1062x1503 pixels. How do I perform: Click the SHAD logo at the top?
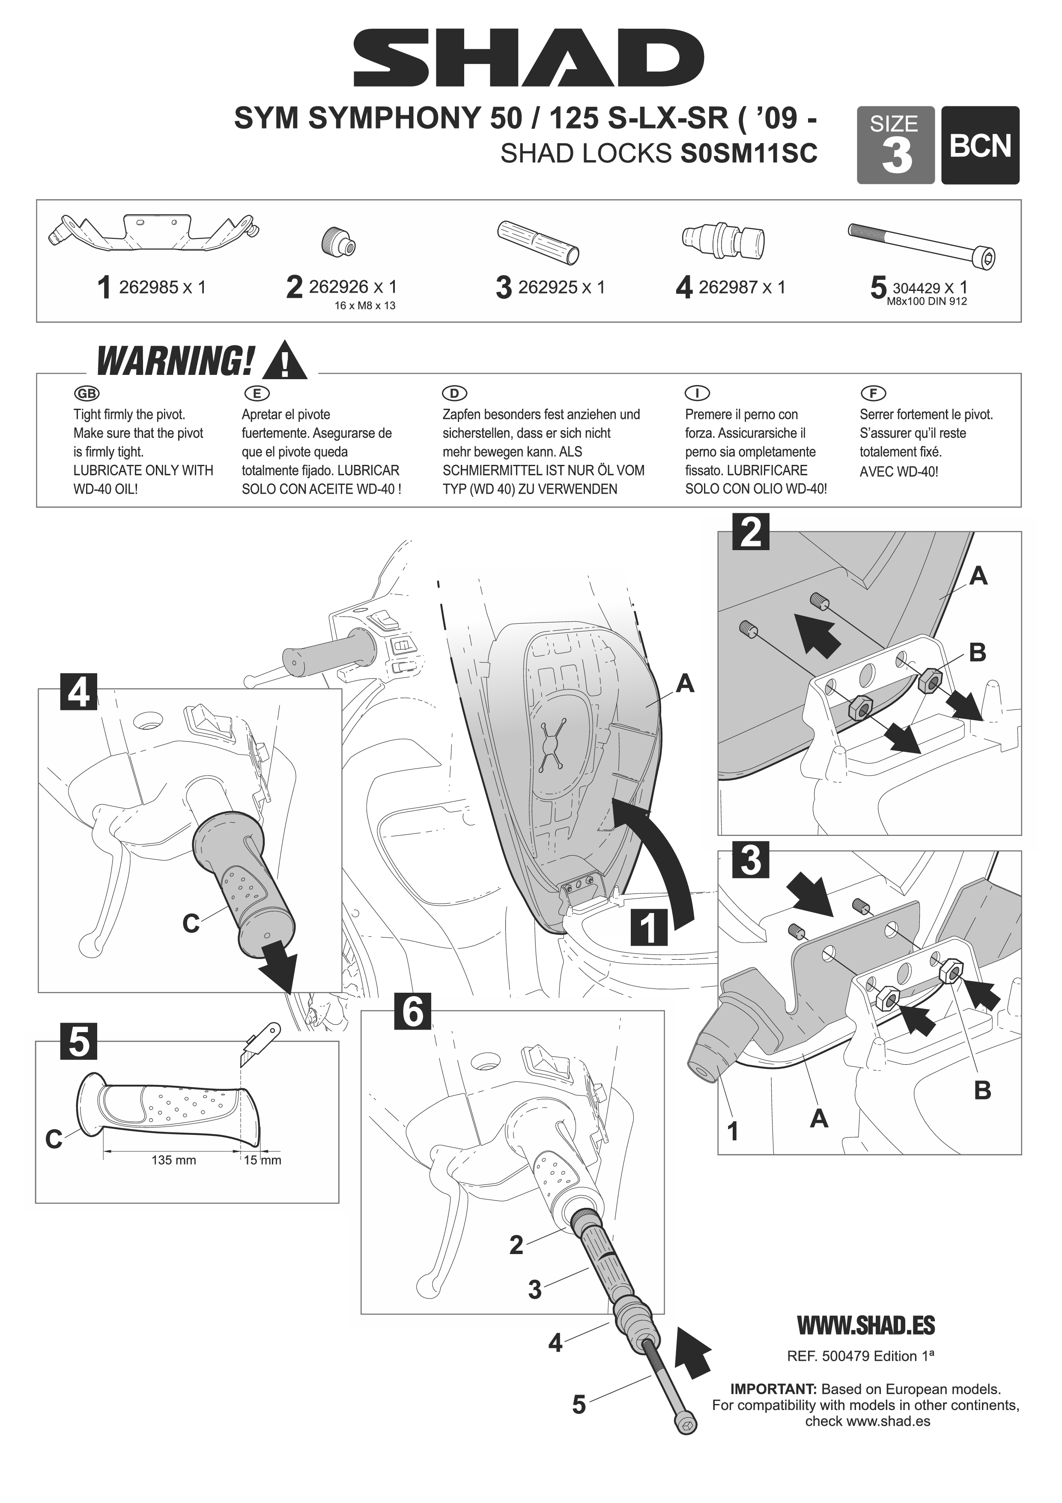pos(529,58)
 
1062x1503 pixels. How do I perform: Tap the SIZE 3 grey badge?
pos(895,145)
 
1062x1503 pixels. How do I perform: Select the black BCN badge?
pos(980,145)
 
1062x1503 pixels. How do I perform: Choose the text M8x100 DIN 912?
pos(927,302)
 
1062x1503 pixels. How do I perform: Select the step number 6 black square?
pos(412,1012)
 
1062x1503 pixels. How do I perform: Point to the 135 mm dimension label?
pos(173,1161)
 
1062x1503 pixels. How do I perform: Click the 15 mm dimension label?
pos(263,1161)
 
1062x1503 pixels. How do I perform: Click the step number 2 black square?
pos(751,532)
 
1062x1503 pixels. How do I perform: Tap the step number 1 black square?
pos(649,927)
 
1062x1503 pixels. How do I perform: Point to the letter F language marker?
pos(873,393)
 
